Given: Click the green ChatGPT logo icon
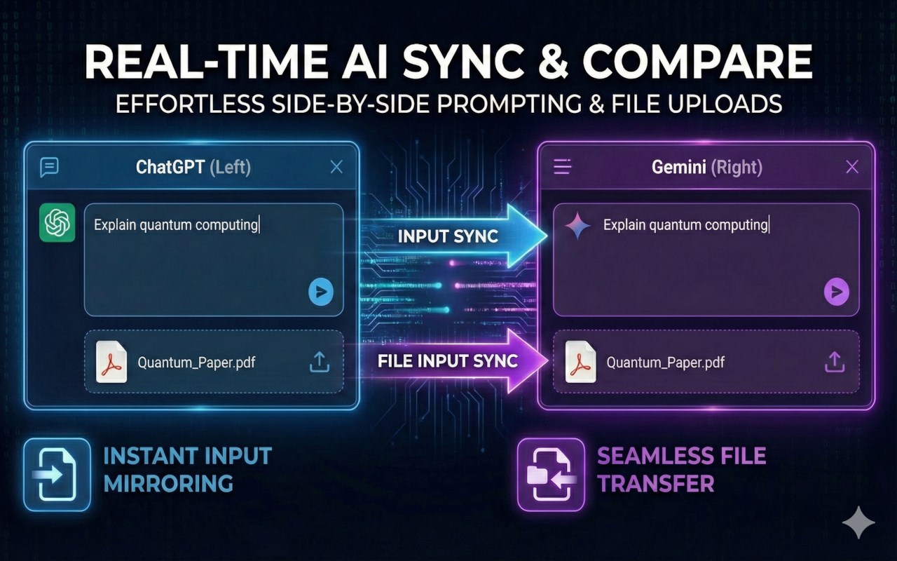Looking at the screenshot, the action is coord(57,223).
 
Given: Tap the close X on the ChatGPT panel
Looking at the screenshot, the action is coord(336,167).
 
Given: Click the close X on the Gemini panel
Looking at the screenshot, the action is coord(852,167).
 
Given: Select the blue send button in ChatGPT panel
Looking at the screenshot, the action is coord(321,292).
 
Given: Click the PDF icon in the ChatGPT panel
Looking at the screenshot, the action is coord(111,362).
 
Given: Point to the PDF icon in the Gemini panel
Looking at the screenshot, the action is coord(581,362).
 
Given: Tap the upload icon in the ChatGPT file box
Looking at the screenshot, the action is coord(320,363).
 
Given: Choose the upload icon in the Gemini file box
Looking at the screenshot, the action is coord(835,363).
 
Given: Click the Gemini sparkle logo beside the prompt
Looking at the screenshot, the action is coord(577,227).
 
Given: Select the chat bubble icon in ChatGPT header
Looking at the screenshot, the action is coord(50,167).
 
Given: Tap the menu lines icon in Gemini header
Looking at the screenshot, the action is coord(563,166).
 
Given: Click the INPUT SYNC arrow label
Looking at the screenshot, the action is coord(448,236).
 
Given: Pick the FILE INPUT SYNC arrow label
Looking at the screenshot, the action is coord(448,360).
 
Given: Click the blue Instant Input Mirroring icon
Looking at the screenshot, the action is coord(57,475).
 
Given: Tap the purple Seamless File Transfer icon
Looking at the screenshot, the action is coord(551,475).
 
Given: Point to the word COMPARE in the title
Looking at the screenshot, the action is coord(697,61).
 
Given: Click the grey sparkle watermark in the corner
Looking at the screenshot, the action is coord(858,522).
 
